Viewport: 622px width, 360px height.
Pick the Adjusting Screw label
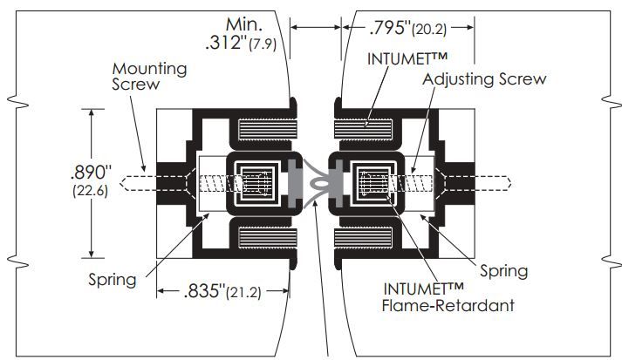pos(484,79)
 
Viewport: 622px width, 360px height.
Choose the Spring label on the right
pos(502,271)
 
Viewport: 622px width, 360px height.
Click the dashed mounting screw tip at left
pos(131,184)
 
